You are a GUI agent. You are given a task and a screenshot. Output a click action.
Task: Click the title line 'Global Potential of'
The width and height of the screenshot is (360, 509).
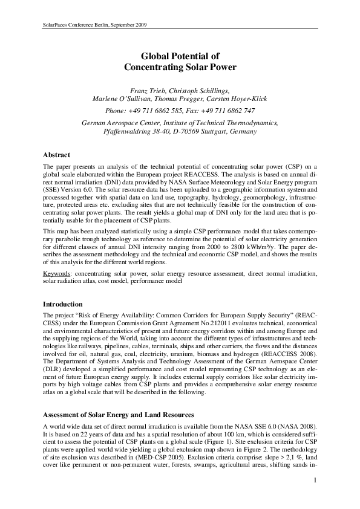tap(180, 55)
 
